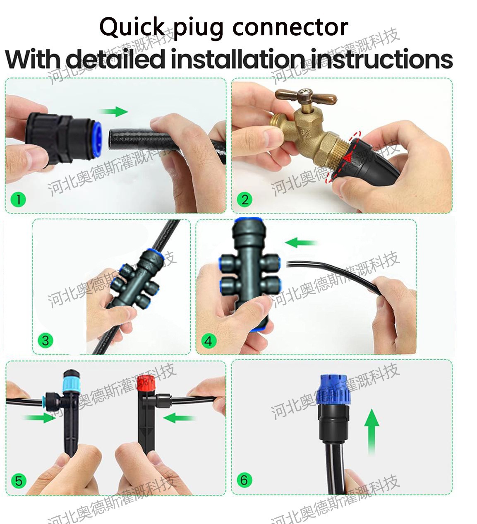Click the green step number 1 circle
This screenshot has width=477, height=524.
[18, 200]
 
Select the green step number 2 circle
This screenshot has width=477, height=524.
[244, 200]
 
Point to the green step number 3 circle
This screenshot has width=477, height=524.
[45, 340]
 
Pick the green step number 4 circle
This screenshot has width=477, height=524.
[209, 341]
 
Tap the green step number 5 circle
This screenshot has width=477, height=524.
[19, 481]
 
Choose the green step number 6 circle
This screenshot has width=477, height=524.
[244, 480]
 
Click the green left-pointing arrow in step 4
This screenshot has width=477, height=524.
[301, 243]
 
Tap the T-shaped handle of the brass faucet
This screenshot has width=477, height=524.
[306, 96]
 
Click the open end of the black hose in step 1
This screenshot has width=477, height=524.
[114, 140]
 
